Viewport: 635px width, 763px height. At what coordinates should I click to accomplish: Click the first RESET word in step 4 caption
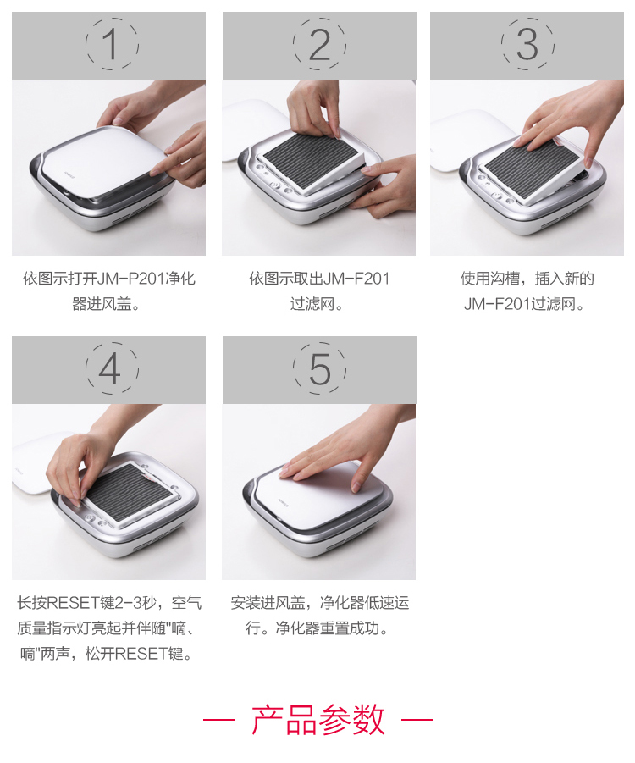click(x=73, y=603)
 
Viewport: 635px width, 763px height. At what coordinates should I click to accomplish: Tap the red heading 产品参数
click(x=318, y=719)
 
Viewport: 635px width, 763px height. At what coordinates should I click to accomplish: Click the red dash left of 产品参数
click(x=219, y=719)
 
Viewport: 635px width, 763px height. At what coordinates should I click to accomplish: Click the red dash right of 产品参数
click(x=417, y=719)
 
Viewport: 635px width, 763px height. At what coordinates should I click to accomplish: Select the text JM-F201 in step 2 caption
click(x=356, y=279)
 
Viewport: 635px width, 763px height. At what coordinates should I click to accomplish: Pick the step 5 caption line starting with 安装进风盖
click(x=320, y=603)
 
